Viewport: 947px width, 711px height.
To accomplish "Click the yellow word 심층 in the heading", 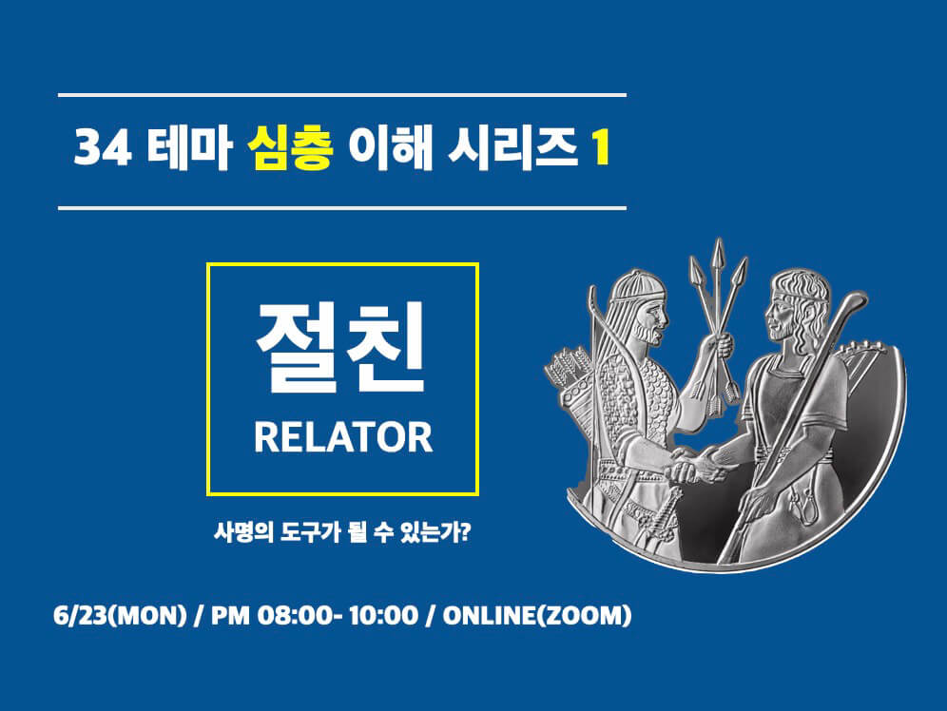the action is point(291,149).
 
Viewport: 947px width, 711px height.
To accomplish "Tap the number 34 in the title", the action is point(102,149).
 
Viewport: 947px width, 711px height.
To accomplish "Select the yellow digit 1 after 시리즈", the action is point(600,149).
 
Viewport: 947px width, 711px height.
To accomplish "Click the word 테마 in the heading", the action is point(189,149).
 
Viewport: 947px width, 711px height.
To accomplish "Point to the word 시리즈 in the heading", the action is point(512,149).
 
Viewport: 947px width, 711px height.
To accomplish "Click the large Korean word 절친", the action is point(342,347).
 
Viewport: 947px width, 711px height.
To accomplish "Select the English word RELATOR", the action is point(343,437).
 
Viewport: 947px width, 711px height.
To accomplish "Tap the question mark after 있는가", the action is point(465,531).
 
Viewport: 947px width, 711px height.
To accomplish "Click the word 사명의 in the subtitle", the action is point(244,532).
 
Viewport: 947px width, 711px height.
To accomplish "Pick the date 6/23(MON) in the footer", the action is point(120,616).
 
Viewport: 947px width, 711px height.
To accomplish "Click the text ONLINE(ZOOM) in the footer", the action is point(537,616).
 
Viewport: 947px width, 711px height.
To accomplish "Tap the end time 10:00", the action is point(383,616).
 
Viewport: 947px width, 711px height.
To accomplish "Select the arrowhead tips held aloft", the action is point(718,264).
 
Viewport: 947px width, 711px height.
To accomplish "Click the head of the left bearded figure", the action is point(639,306).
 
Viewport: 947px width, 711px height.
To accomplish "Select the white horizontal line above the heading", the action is point(342,95).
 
